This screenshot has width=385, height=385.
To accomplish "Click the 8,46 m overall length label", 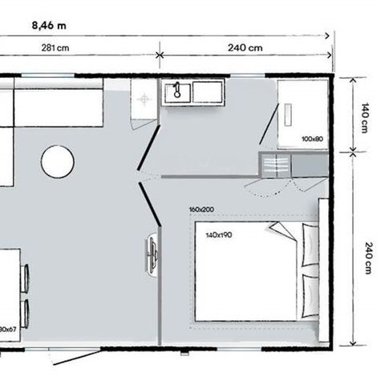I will (x=49, y=24).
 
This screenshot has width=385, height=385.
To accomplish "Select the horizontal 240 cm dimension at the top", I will (x=245, y=48).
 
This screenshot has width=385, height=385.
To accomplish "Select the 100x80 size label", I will (x=311, y=139).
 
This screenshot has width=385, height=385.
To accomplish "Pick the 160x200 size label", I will (x=201, y=210).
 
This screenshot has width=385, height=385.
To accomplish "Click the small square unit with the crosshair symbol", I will (x=144, y=100).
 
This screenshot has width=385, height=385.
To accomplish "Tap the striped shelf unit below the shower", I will (x=275, y=164).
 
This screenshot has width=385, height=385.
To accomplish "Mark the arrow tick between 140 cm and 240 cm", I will (x=351, y=152).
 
